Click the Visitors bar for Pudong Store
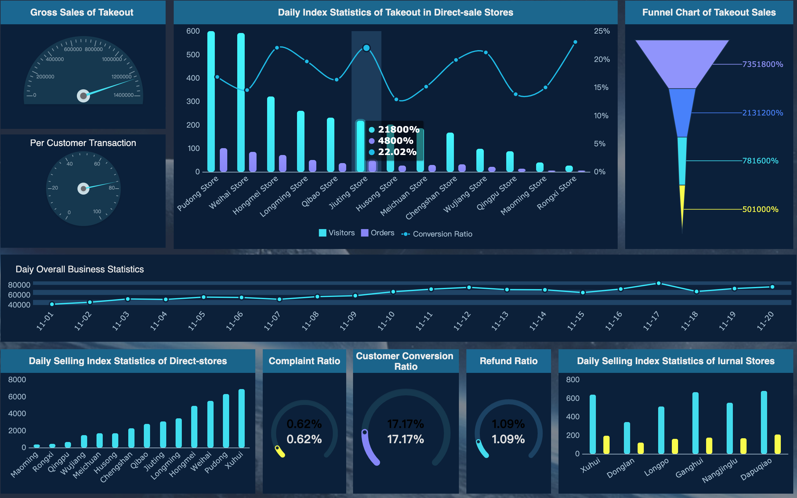coord(211,102)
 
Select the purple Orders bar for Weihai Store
coord(252,162)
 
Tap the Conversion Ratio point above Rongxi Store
coord(575,42)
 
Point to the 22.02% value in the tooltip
coord(397,152)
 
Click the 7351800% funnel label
coord(762,64)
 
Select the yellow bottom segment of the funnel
coord(682,204)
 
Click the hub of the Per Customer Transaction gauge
coord(83,188)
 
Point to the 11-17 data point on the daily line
coord(658,283)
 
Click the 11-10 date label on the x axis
coord(386,321)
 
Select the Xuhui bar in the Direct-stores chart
coord(241,418)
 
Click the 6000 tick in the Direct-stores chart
coord(17,397)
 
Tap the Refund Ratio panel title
coord(508,361)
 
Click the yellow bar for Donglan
coord(641,448)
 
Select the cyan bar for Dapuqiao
coord(764,422)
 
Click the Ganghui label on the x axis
coord(689,468)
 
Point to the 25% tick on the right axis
coord(601,31)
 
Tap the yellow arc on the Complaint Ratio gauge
coord(280,452)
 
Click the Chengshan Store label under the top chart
coord(432,198)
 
